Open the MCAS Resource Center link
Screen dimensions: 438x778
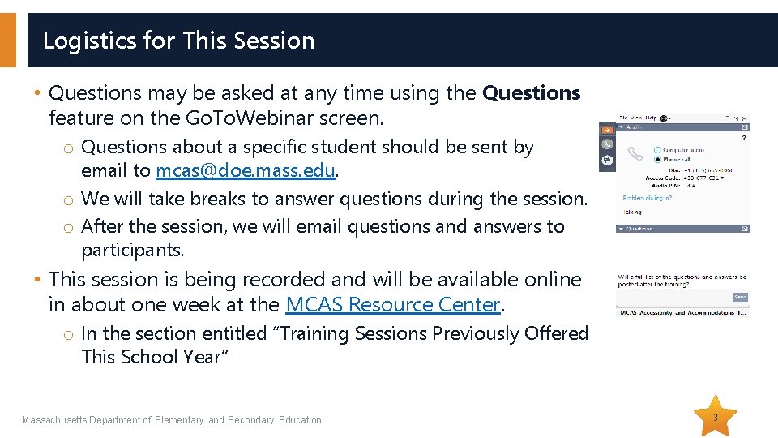pos(394,305)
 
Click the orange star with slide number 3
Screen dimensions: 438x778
pos(715,417)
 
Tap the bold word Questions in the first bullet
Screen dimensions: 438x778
pos(531,93)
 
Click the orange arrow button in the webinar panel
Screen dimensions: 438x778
pos(606,130)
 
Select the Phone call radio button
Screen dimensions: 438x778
pos(656,159)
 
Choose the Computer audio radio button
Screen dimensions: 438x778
pos(656,150)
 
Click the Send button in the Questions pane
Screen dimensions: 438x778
pos(740,297)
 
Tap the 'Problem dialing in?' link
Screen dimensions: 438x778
pos(647,198)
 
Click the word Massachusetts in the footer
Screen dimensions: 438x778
pos(53,420)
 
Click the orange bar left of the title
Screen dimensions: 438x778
pos(7,41)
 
